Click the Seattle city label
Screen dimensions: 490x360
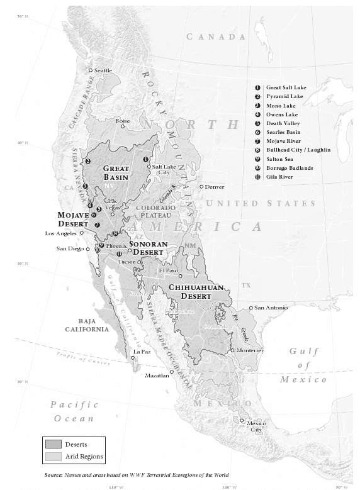tap(103, 70)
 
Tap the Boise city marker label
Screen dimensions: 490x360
tap(122, 120)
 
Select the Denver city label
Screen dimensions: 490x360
tap(214, 187)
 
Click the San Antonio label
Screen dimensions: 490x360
tap(271, 308)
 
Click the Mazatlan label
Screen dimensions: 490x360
tap(157, 376)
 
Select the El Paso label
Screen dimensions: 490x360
tap(169, 270)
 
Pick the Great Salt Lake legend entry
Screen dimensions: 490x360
tap(286, 87)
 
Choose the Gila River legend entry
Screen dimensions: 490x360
tap(279, 177)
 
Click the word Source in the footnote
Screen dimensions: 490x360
tap(55, 475)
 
